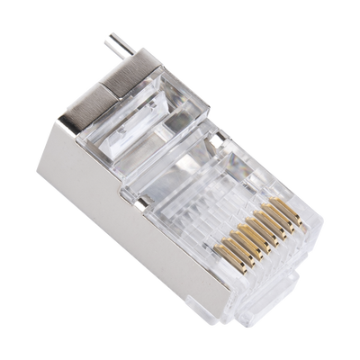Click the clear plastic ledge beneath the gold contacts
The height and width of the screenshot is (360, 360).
pos(261,261)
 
